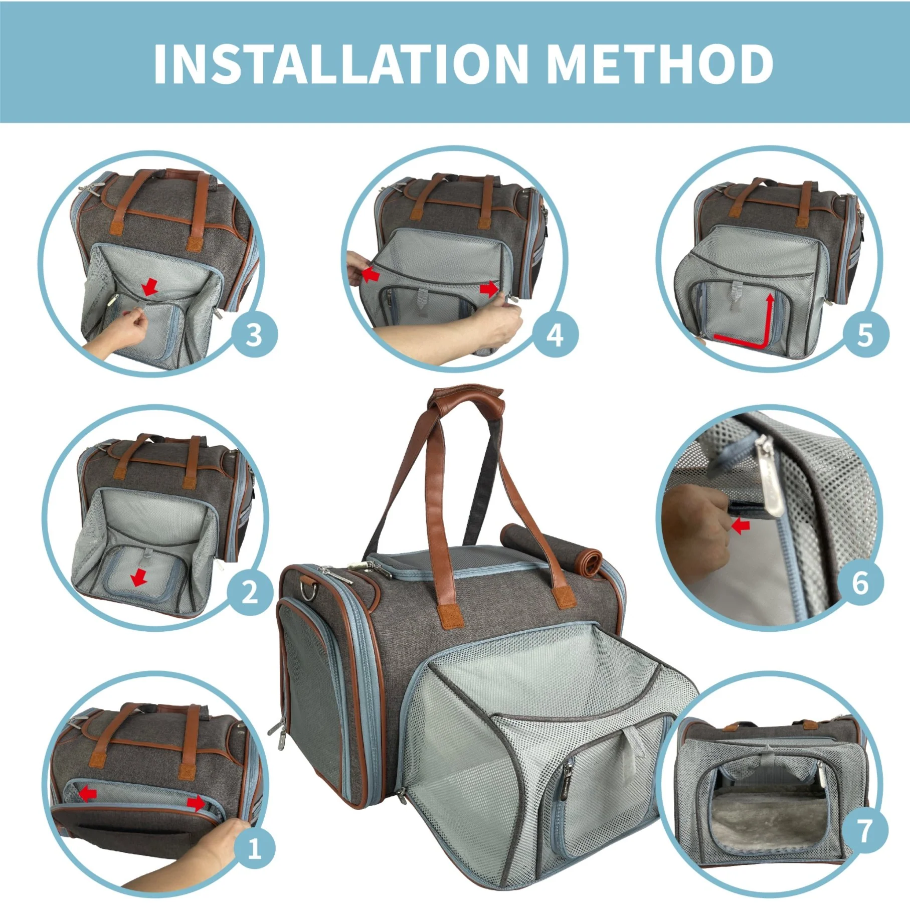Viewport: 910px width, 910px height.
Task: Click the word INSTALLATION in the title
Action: pyautogui.click(x=340, y=64)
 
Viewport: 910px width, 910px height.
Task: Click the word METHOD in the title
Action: pyautogui.click(x=659, y=64)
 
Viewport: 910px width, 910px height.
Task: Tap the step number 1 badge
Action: pyautogui.click(x=254, y=849)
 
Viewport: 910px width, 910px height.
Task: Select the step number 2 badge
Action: pyautogui.click(x=250, y=592)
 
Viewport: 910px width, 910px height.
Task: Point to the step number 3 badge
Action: pyautogui.click(x=254, y=334)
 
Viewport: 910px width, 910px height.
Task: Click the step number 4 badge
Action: pyautogui.click(x=555, y=334)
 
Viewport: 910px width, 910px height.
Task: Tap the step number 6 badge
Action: pyautogui.click(x=860, y=583)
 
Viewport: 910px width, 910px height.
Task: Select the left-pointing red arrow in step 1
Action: pyautogui.click(x=88, y=793)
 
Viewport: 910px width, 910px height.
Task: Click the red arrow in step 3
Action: pyautogui.click(x=149, y=287)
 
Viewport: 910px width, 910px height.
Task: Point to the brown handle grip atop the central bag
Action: pyautogui.click(x=465, y=394)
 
